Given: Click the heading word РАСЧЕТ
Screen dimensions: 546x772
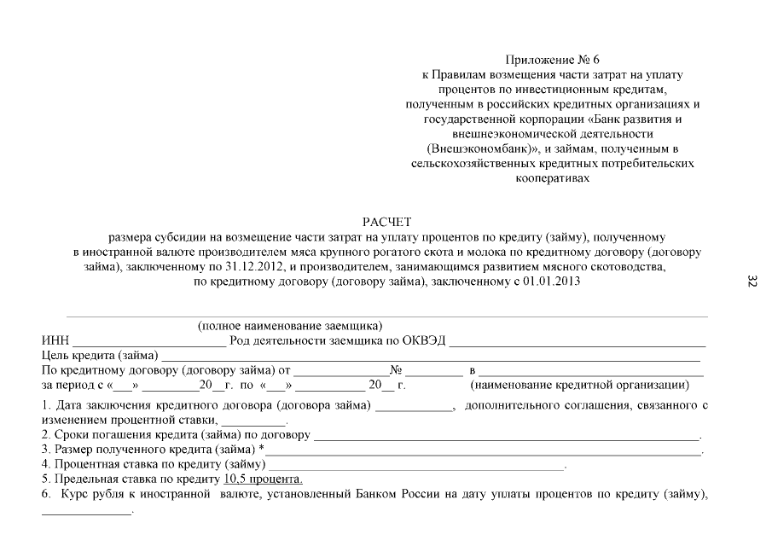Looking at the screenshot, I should click(x=386, y=223).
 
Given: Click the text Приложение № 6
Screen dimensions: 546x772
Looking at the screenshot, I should click(x=553, y=60).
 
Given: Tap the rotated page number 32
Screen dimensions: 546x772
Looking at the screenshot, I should click(x=752, y=282).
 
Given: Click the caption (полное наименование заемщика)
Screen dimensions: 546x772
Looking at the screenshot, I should click(x=290, y=327).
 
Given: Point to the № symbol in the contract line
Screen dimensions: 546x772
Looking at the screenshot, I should click(x=396, y=370).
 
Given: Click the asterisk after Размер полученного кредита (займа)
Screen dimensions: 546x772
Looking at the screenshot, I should click(x=261, y=450).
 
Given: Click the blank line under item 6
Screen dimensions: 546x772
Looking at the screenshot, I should click(x=87, y=512).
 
